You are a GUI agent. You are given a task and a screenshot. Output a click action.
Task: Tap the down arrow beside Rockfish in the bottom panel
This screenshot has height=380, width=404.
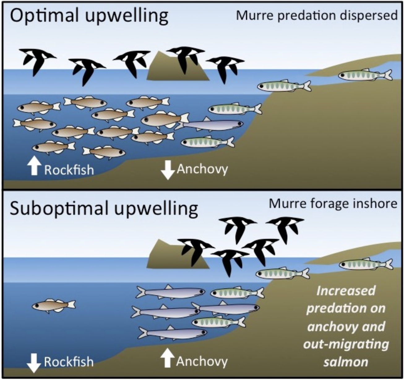pos(34,362)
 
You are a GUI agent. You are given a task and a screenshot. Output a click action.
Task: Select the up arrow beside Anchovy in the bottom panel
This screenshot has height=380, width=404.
pos(167,358)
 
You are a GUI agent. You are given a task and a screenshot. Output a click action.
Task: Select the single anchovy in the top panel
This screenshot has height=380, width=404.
pos(210,125)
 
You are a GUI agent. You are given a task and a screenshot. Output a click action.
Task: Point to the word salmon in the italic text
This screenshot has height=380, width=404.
pos(346,362)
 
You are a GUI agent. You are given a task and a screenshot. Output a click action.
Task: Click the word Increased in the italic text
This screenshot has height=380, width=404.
pos(346,291)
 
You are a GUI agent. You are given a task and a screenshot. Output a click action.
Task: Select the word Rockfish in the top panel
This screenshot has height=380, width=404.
pos(69,170)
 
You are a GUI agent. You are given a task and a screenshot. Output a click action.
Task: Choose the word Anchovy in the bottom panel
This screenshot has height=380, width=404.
pos(202,361)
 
